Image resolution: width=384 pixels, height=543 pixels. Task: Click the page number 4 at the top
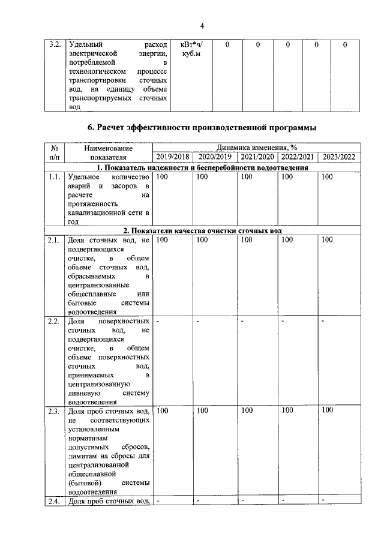[202, 25]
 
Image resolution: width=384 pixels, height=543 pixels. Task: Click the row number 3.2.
[55, 45]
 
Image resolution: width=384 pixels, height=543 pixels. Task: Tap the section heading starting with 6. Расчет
[202, 127]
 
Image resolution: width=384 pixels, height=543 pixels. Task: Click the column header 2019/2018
[172, 157]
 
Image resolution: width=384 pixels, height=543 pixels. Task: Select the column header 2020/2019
[214, 157]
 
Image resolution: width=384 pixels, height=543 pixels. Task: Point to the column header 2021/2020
[257, 157]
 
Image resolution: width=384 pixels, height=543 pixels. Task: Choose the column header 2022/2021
[297, 157]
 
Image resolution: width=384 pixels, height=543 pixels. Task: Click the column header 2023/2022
[339, 157]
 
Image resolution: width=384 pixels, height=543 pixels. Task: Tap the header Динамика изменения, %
[257, 148]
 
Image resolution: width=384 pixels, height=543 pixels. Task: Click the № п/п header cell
[55, 152]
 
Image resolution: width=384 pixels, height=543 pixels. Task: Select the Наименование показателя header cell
[109, 152]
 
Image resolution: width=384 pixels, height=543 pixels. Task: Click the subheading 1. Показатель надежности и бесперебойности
[202, 168]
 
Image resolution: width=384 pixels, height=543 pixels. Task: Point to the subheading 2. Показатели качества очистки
[202, 231]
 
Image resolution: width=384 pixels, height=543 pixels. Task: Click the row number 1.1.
[55, 178]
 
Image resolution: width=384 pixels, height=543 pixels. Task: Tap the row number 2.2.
[55, 322]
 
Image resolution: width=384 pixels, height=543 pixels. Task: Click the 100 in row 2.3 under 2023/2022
[327, 411]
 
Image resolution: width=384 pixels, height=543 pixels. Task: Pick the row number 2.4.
[55, 501]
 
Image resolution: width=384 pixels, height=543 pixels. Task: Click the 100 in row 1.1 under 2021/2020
[247, 178]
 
